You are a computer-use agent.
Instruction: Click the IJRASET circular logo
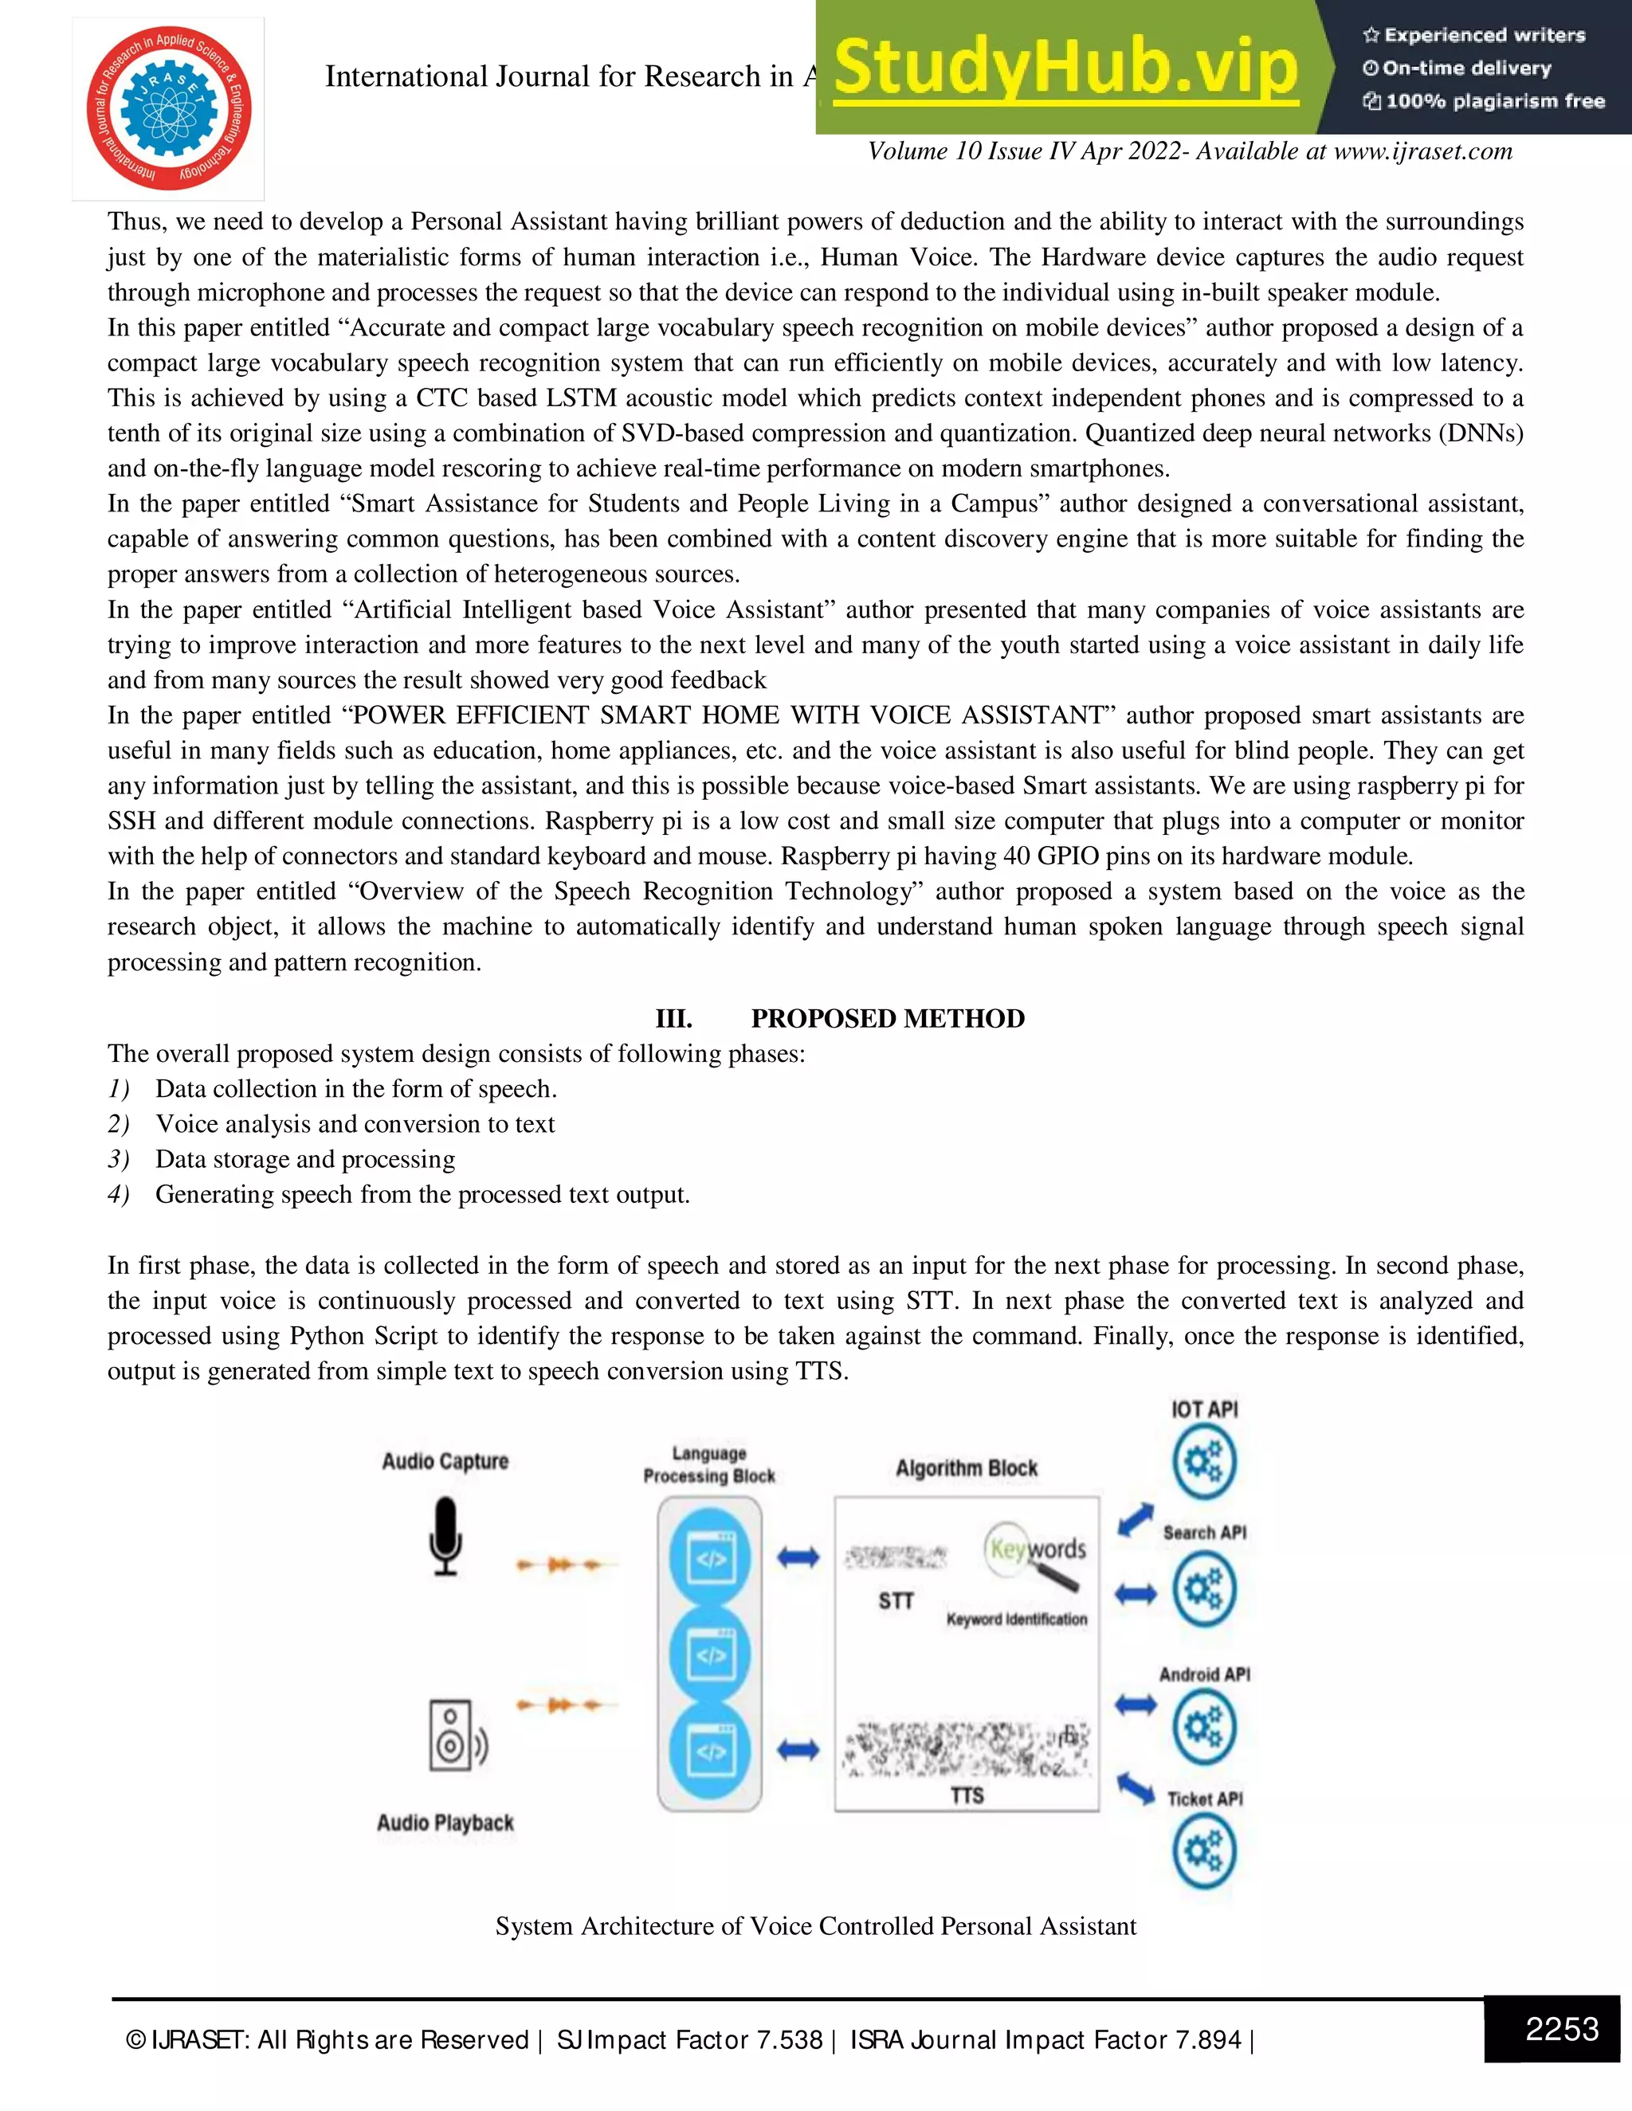point(168,108)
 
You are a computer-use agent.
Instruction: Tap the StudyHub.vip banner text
point(1065,68)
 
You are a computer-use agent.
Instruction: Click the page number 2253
point(1561,2028)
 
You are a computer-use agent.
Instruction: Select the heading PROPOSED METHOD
point(888,1018)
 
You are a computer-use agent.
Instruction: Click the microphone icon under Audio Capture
point(445,1536)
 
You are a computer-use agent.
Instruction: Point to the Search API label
point(1204,1532)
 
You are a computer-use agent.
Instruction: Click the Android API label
point(1204,1674)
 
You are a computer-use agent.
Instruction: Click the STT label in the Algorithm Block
point(895,1600)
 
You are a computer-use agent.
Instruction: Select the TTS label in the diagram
point(966,1795)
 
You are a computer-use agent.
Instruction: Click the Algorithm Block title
point(966,1468)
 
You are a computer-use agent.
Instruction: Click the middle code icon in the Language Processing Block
point(711,1655)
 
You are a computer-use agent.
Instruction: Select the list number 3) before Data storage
point(118,1159)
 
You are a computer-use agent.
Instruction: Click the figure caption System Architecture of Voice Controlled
point(815,1926)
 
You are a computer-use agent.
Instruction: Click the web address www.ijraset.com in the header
point(1422,151)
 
